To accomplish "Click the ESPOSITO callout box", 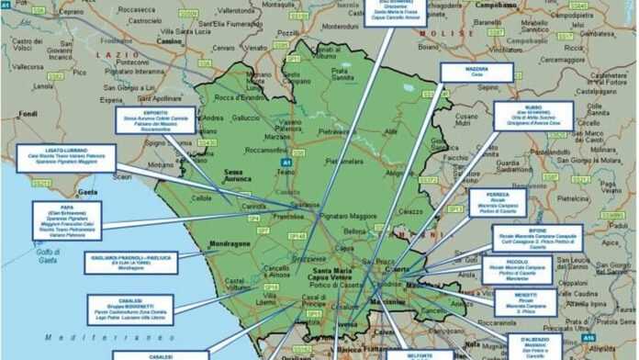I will pos(155,120).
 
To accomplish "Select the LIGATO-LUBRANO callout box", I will pos(66,157).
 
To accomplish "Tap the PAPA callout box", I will pos(66,220).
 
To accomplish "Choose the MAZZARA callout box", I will pos(476,73).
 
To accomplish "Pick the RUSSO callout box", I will pos(533,116).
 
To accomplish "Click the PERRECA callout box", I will pos(498,203).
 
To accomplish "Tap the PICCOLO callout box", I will pos(517,269).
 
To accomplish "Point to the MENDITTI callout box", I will pos(525,302).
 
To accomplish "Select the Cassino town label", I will pos(169,41).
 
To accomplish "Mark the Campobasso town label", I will pos(496,5).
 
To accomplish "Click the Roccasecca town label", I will pos(136,9).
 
